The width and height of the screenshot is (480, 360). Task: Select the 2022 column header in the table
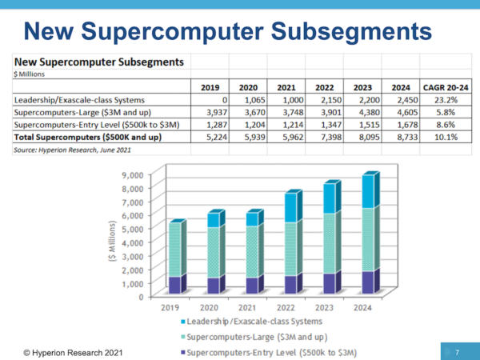pos(325,86)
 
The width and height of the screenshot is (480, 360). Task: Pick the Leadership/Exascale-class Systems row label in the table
pos(79,100)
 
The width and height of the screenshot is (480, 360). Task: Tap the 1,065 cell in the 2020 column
pos(250,100)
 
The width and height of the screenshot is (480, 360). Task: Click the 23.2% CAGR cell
pos(445,100)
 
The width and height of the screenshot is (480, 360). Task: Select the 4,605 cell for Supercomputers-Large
pos(402,113)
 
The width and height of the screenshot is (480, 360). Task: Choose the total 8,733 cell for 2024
pos(402,138)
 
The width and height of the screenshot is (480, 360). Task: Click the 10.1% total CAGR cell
pos(444,138)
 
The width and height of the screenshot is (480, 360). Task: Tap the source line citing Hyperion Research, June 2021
pos(62,150)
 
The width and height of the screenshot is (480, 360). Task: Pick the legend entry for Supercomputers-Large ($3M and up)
pos(254,336)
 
